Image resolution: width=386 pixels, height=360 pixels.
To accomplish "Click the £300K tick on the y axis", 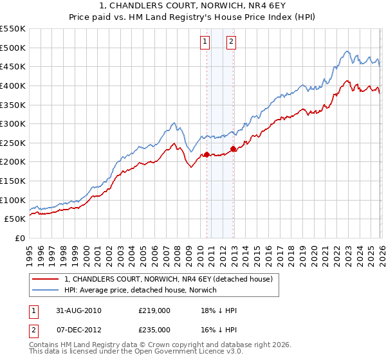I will point(12,123).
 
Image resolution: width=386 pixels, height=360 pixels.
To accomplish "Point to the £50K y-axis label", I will point(15,219).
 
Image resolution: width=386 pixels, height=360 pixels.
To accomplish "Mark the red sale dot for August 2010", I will point(207,154).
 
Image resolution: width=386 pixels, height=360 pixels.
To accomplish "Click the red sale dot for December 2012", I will point(233,148).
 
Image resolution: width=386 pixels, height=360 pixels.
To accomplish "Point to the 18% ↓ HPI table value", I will point(219,310).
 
